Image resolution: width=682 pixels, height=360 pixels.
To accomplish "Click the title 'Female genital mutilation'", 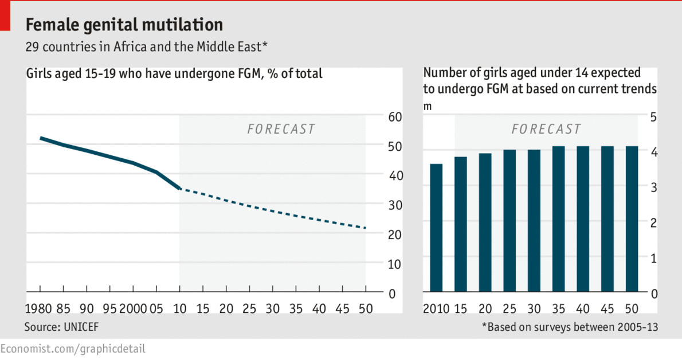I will tap(124, 25).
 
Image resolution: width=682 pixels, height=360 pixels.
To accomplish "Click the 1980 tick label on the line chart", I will tap(38, 308).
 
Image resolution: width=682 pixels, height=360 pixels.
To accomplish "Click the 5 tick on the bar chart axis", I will tap(654, 117).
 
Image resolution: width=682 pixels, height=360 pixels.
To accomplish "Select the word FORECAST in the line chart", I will tap(281, 129).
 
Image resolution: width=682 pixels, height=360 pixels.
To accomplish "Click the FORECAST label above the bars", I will tap(546, 129).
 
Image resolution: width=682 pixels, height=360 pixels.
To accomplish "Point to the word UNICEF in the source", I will tap(77, 327).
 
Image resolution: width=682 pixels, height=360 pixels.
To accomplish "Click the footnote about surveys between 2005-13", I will tap(569, 327).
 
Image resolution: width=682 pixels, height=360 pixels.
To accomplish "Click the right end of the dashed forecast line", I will tap(365, 228).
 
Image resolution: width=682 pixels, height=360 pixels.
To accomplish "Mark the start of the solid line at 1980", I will tap(40, 138).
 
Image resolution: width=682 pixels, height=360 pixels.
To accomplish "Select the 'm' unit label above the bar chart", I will tap(427, 105).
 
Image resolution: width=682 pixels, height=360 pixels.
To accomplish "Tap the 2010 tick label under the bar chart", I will tap(436, 308).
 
